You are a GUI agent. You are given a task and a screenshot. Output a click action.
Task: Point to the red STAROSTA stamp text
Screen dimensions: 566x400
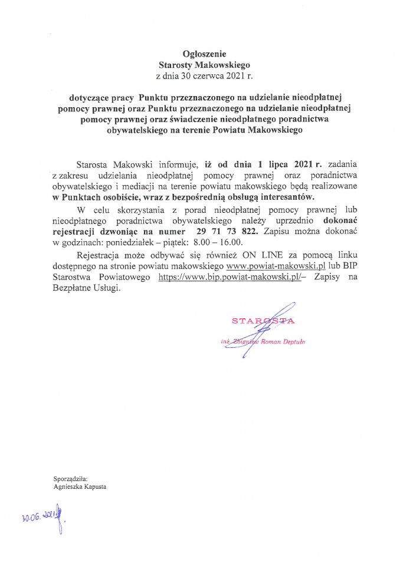pos(263,321)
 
